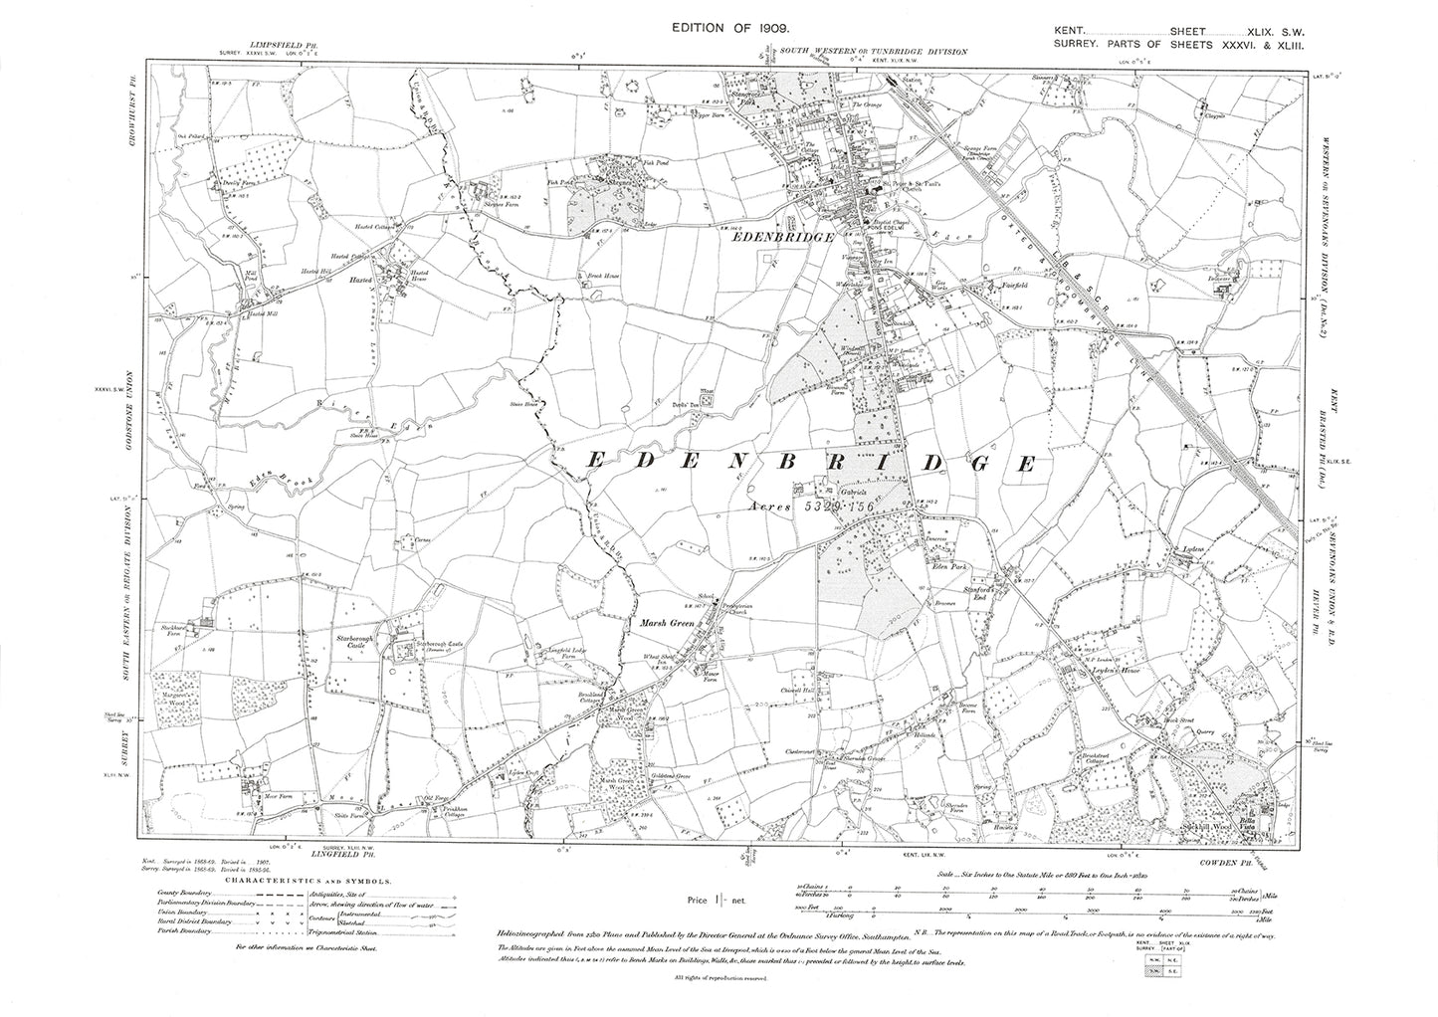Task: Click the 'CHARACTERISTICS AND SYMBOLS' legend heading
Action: point(308,882)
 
